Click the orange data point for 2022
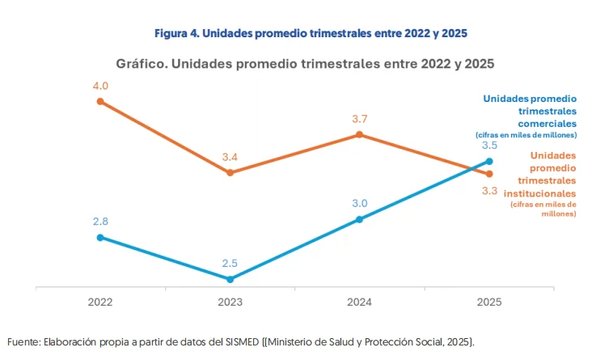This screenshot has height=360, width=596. pos(100,101)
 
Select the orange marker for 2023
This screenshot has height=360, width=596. pos(230,172)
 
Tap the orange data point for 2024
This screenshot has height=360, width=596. pos(360,135)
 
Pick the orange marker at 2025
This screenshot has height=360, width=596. pos(489,173)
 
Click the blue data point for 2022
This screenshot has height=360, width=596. pos(100,237)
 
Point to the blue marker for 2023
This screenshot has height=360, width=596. pos(230,279)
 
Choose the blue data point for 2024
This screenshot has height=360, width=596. pos(360,219)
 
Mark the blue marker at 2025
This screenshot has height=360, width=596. pos(489,161)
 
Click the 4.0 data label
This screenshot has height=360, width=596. pos(100,85)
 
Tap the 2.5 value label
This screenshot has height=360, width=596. pos(230,263)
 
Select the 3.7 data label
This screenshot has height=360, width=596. pos(360,119)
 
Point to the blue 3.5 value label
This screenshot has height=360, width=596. pos(489,146)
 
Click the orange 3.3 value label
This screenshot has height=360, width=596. pos(489,191)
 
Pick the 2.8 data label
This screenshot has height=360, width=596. pos(100,221)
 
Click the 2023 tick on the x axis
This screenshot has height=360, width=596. pos(230,302)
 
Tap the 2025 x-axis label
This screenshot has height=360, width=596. pos(489,302)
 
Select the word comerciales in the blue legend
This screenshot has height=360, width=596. pos(546,124)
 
